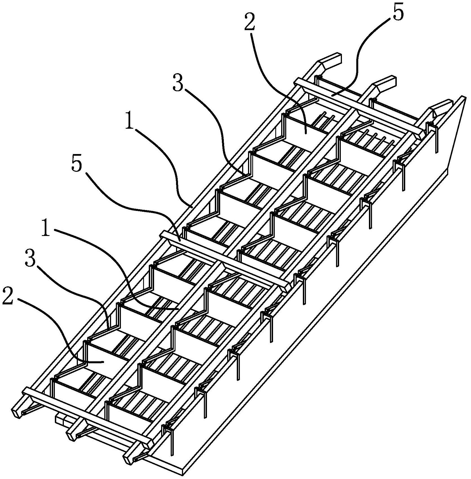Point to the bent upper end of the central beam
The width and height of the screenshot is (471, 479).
tap(384, 85)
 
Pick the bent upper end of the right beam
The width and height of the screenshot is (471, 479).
tap(441, 108)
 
